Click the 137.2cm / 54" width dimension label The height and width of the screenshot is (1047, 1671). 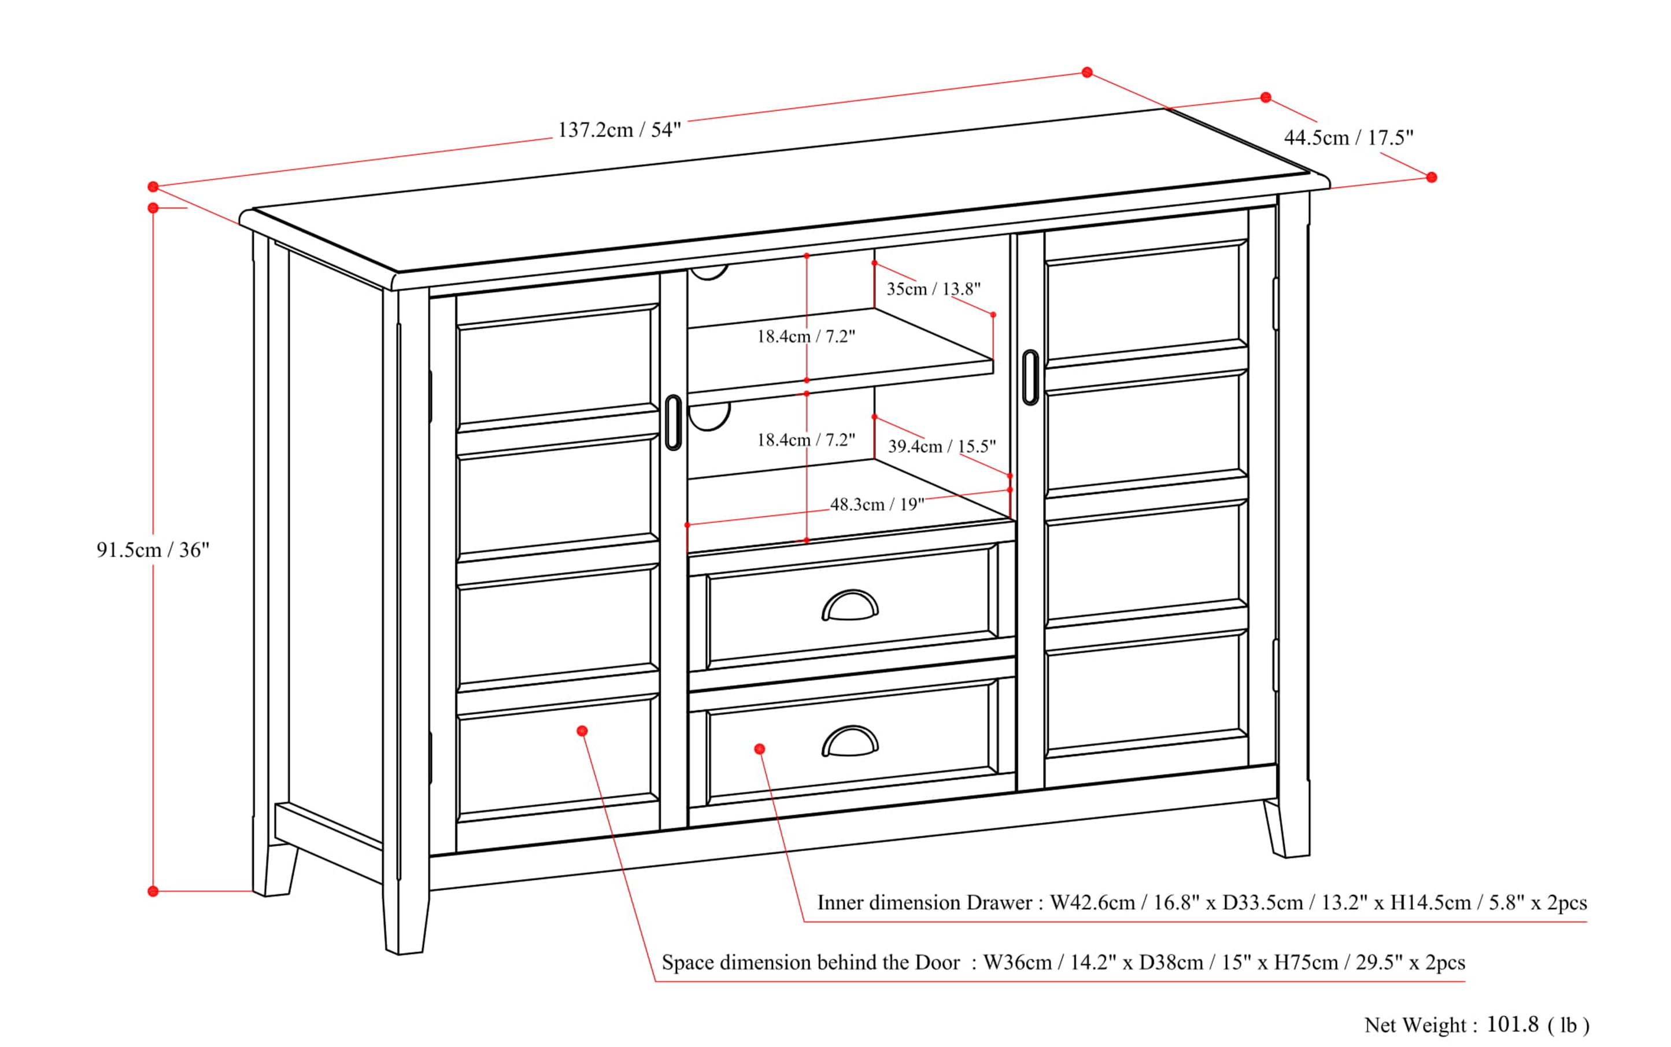pos(619,130)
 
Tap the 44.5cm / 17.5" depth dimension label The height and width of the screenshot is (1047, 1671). pos(1348,138)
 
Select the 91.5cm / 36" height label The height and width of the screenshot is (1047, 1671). pos(152,550)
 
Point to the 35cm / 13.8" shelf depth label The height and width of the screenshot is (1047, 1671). pos(933,289)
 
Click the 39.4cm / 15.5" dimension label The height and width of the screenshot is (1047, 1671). pos(941,447)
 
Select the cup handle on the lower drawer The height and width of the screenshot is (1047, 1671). pos(850,742)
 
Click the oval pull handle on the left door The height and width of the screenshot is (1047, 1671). pos(673,422)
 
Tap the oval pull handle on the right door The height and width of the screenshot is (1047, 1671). pos(1030,377)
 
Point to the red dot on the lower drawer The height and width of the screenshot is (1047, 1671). pos(759,749)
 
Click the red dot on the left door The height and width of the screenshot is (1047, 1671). pos(582,731)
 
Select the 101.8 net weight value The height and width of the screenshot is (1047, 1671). pos(1512,1024)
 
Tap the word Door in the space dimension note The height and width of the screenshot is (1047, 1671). pos(937,963)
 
